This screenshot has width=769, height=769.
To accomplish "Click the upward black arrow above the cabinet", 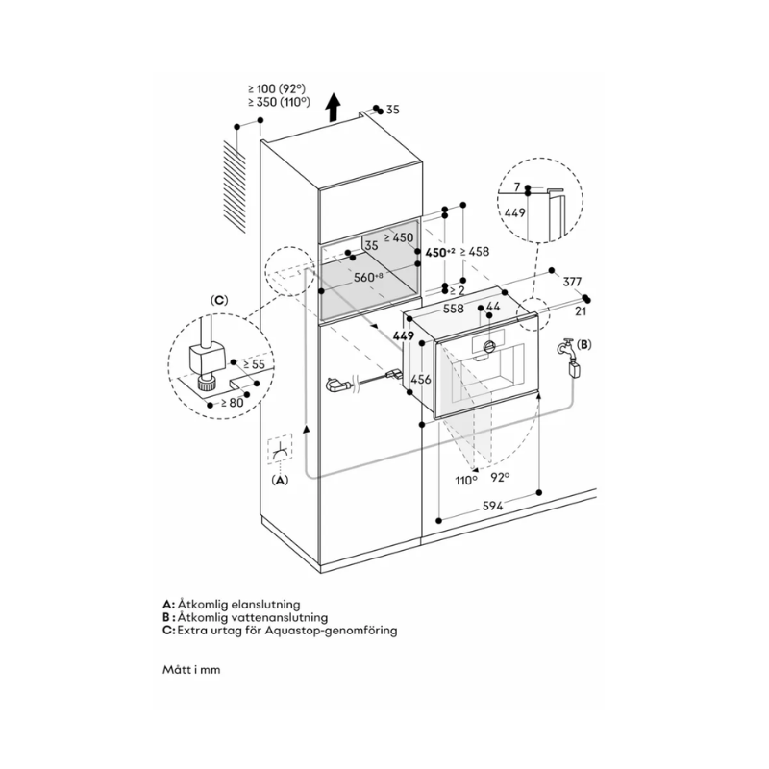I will tap(334, 108).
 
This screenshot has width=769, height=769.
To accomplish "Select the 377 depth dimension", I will tap(573, 282).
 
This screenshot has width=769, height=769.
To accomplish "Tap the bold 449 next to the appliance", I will tap(403, 336).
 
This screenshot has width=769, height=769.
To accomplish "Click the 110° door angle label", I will tap(466, 478).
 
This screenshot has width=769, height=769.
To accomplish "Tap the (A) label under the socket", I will tap(280, 479).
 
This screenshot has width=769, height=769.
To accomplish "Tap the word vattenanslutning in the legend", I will tap(275, 617).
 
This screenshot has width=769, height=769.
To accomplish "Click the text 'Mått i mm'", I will tap(191, 669).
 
